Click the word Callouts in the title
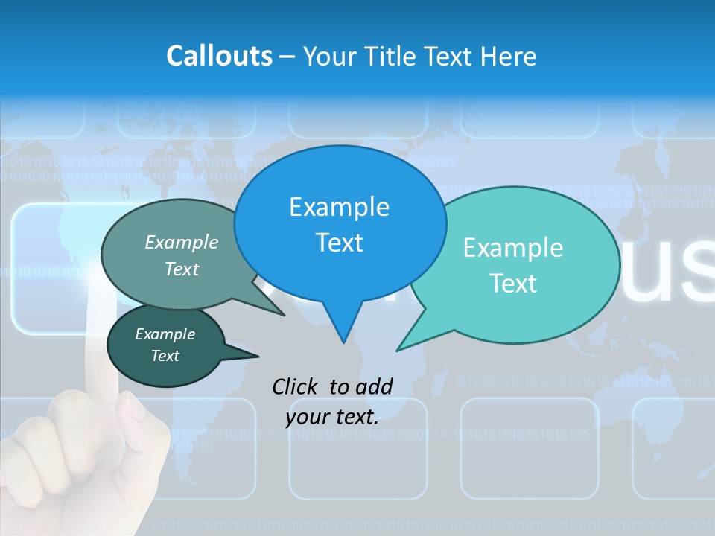(219, 56)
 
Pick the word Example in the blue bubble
(339, 206)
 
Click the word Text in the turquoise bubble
(512, 284)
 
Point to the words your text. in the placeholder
(332, 417)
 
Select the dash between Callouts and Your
(287, 57)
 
